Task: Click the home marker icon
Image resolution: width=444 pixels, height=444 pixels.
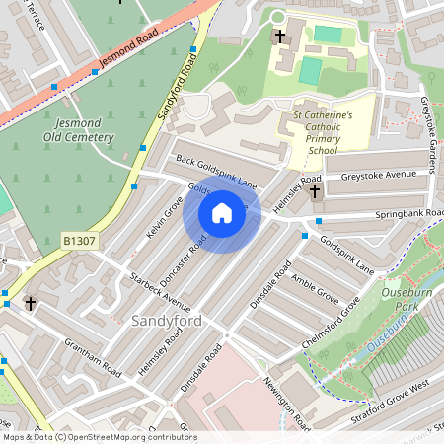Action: pos(222,212)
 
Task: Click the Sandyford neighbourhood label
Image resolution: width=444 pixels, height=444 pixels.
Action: pos(167,321)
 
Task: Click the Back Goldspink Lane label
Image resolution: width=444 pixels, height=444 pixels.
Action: pos(216,172)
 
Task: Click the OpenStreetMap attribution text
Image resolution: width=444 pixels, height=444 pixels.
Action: pos(100,436)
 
